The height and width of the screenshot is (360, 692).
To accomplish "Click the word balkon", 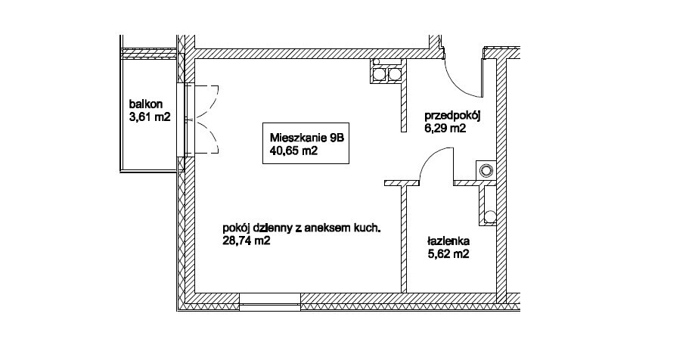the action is click(146, 104).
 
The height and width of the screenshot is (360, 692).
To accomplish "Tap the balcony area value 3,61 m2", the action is click(150, 117).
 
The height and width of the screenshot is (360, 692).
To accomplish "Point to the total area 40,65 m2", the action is click(294, 151).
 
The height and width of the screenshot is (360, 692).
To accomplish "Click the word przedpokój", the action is click(452, 116).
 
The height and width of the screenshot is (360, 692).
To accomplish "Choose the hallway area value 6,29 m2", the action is click(445, 129).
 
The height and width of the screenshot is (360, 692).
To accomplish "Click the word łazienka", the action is click(448, 241).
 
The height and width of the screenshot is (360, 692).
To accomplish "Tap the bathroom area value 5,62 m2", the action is click(448, 254).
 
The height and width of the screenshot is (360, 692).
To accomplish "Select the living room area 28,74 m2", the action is click(247, 241).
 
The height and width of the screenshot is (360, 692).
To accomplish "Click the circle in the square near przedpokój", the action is click(486, 170).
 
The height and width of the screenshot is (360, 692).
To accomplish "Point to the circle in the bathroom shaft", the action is click(489, 216).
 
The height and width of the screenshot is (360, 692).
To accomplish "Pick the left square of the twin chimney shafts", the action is click(380, 75).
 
